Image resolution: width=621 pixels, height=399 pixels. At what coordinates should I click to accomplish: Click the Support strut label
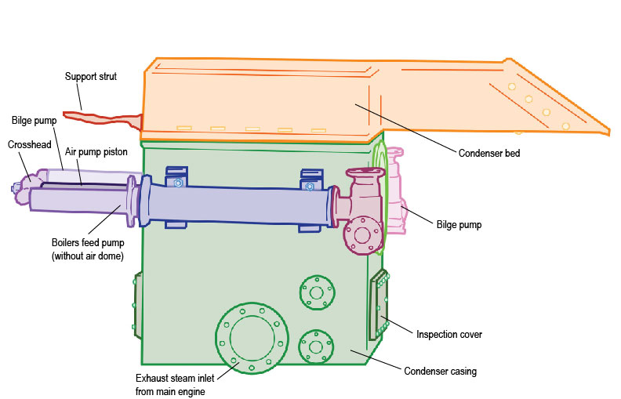[x=91, y=77]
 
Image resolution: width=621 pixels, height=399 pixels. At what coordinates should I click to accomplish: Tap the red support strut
[x=102, y=120]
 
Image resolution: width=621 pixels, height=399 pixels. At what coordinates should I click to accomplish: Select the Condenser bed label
[x=489, y=154]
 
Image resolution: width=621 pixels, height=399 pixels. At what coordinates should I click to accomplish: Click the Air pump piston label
[x=96, y=151]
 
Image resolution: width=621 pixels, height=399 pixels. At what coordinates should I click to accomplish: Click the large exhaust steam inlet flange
[x=251, y=336]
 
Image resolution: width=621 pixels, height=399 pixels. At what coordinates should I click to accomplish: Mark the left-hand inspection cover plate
[x=138, y=304]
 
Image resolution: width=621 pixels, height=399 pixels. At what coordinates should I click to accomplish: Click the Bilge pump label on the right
[x=459, y=225]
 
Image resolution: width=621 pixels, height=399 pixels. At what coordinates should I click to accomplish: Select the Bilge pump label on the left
[x=34, y=122]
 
